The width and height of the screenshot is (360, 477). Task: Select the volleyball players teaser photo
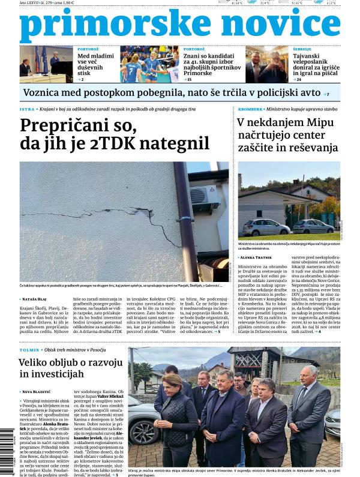149,64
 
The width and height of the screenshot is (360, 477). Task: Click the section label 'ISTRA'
26,110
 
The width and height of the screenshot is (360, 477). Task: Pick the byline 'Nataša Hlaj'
40,298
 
